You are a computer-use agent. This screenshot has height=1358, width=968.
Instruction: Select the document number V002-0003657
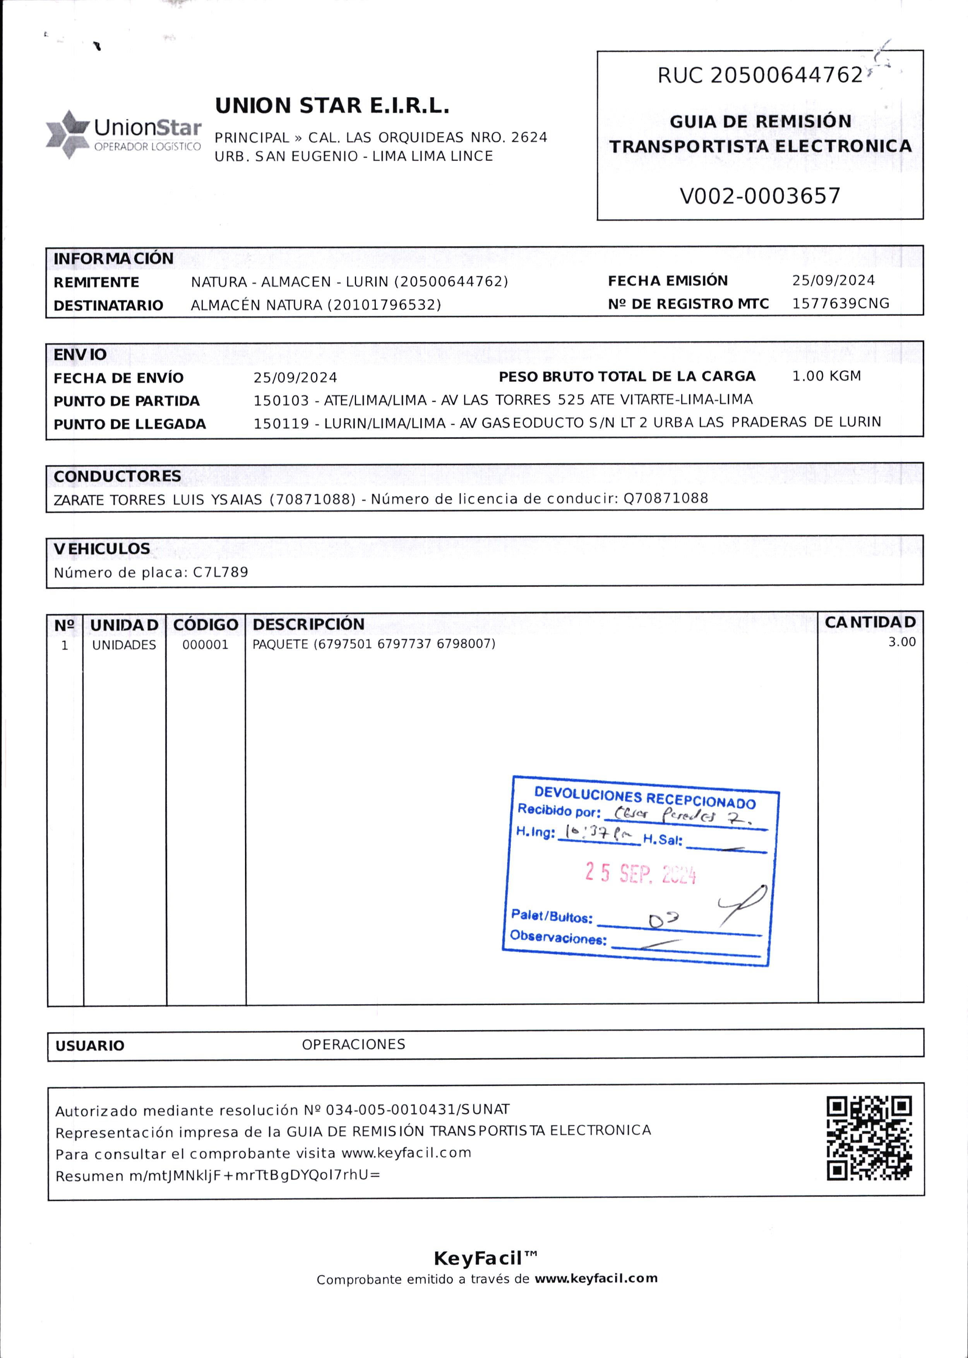click(760, 196)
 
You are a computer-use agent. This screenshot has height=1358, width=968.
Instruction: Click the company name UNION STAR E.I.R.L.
click(332, 106)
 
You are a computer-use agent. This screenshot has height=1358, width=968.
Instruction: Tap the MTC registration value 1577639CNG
click(840, 304)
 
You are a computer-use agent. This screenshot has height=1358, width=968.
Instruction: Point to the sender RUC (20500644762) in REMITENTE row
click(451, 282)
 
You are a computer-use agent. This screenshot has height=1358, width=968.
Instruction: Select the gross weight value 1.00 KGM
click(826, 376)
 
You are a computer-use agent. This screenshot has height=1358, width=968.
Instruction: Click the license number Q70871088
click(666, 498)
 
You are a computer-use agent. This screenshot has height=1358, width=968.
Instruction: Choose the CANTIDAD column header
click(870, 622)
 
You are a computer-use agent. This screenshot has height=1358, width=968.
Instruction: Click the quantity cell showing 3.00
click(902, 642)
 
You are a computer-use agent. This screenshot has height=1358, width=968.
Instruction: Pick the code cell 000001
click(205, 645)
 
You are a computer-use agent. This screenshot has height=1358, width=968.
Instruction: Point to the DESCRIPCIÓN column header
click(308, 624)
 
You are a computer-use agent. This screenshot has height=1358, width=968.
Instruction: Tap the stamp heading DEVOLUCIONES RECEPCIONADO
click(644, 798)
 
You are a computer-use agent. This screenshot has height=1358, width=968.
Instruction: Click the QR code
click(869, 1138)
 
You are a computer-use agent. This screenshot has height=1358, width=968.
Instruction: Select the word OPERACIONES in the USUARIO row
click(353, 1044)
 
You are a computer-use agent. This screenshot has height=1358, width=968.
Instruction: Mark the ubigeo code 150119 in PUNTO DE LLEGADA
click(281, 423)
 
